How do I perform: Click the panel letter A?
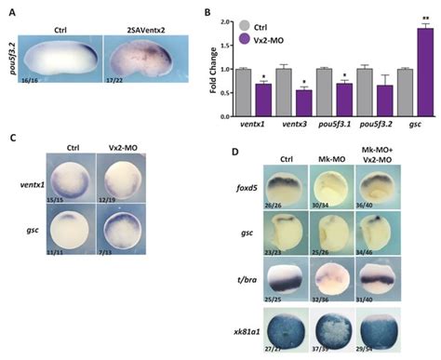(9, 10)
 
